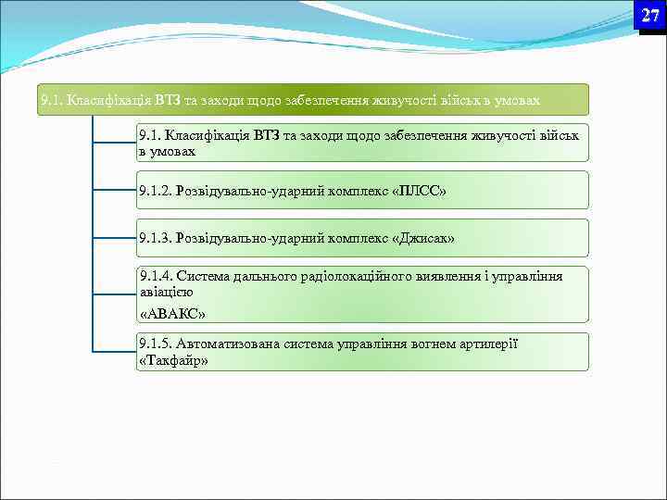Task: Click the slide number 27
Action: coord(650,15)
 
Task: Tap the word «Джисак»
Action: coord(423,239)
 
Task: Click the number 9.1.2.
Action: coord(155,191)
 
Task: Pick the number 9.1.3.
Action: coord(155,239)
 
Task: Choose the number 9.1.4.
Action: coord(155,275)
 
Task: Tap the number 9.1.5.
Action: coord(155,344)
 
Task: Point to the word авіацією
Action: coord(166,291)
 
